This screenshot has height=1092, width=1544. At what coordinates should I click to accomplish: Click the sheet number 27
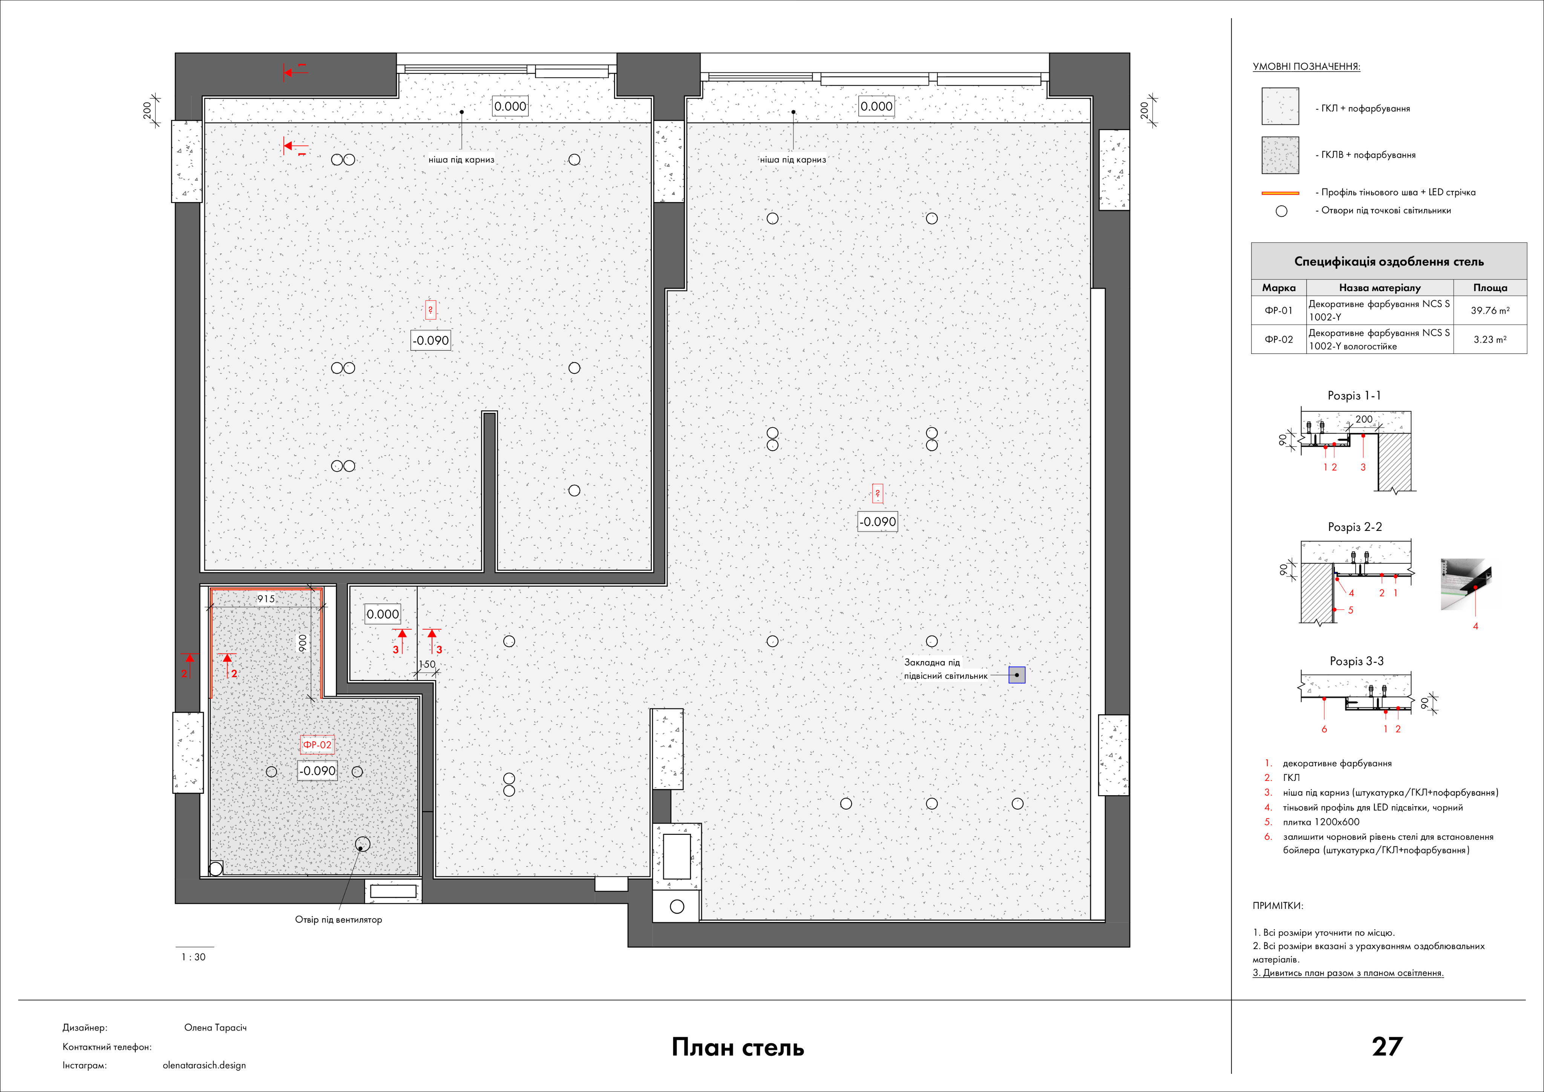click(x=1387, y=1046)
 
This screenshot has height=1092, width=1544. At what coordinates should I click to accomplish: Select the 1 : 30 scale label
click(x=194, y=957)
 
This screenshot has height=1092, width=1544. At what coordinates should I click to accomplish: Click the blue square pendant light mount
click(x=1017, y=675)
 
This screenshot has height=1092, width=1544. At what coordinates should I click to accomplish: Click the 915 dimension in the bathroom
click(x=266, y=599)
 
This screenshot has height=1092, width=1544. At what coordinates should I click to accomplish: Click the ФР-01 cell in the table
click(x=1278, y=310)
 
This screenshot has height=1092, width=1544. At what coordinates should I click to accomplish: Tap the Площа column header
click(x=1490, y=287)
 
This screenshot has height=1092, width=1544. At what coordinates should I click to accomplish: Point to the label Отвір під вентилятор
click(x=338, y=919)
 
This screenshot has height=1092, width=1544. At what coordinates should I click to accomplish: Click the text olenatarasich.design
click(x=204, y=1065)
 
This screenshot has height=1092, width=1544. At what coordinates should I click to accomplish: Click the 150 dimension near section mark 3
click(x=427, y=664)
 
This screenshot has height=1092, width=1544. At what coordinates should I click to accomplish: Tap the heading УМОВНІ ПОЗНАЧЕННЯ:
click(x=1306, y=67)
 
